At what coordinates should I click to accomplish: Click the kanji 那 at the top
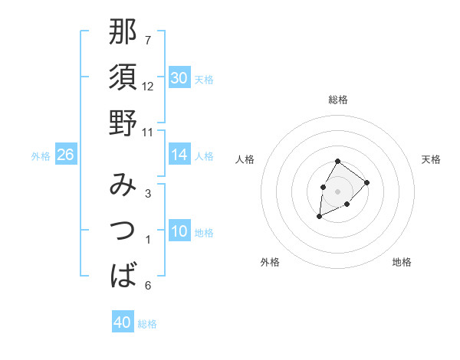[123, 31]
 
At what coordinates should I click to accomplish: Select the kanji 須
[123, 77]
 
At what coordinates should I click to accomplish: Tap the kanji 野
[123, 123]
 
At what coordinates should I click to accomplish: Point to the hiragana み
[123, 185]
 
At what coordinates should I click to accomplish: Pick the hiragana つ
[123, 230]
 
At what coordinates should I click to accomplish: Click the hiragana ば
[123, 274]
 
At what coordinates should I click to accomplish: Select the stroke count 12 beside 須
[148, 87]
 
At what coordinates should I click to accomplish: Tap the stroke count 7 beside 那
[148, 40]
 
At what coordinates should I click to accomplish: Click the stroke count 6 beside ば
[148, 286]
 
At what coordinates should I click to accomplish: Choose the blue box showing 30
[179, 78]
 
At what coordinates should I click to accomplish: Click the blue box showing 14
[179, 155]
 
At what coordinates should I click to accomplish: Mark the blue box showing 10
[179, 232]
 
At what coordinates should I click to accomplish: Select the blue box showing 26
[65, 155]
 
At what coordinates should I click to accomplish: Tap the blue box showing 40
[123, 322]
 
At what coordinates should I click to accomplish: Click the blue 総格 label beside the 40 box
[147, 324]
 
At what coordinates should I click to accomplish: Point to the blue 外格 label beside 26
[41, 156]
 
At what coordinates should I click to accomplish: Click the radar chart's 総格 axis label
[338, 100]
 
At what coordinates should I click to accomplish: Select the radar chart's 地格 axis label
[402, 263]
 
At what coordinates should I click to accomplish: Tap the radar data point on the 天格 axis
[367, 182]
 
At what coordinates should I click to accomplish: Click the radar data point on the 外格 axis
[319, 217]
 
